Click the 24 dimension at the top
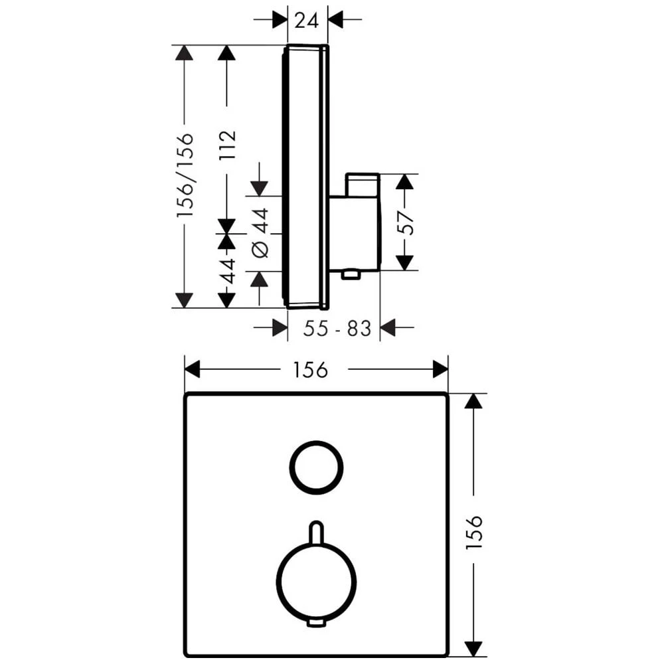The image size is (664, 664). [x=307, y=20]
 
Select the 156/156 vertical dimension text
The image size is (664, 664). [x=185, y=176]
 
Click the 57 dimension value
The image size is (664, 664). [x=406, y=222]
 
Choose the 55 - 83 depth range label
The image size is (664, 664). [x=337, y=328]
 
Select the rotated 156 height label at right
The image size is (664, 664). [x=473, y=533]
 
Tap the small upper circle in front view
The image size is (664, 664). [x=316, y=467]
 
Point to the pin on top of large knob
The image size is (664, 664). [x=316, y=531]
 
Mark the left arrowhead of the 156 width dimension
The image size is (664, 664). [x=193, y=369]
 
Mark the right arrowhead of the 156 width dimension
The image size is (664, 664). [x=440, y=369]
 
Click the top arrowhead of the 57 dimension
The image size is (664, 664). [x=406, y=181]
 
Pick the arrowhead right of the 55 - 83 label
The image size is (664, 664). [x=388, y=327]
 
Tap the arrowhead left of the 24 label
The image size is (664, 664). [x=280, y=19]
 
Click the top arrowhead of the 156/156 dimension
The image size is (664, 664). [x=184, y=52]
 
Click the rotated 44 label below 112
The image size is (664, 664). [x=227, y=271]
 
